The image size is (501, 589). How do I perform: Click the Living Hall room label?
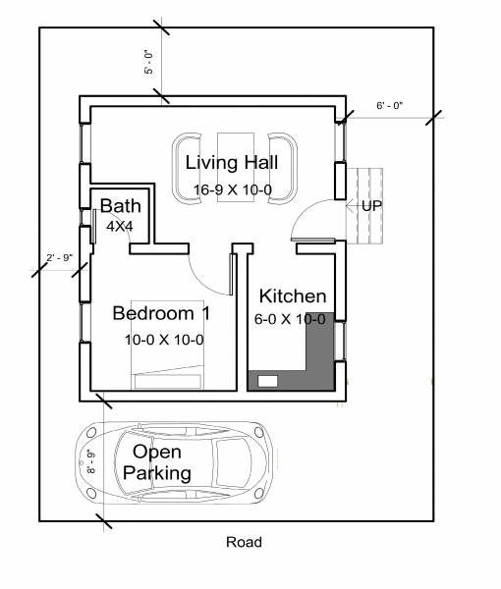[x=235, y=162]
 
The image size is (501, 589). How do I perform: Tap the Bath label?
[x=120, y=206]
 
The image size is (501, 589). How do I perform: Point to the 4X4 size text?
[x=119, y=226]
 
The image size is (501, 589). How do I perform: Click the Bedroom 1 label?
[x=162, y=313]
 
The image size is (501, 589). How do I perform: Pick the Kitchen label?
[x=292, y=295]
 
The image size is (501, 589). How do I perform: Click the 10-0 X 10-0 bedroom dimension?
[x=163, y=340]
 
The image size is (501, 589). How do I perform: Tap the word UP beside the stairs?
[x=371, y=206]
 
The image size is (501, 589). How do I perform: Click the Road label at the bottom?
[x=244, y=542]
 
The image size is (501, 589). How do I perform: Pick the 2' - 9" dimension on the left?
[x=60, y=257]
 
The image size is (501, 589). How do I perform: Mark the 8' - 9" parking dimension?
[x=90, y=461]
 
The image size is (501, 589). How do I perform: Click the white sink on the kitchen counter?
[x=267, y=380]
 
